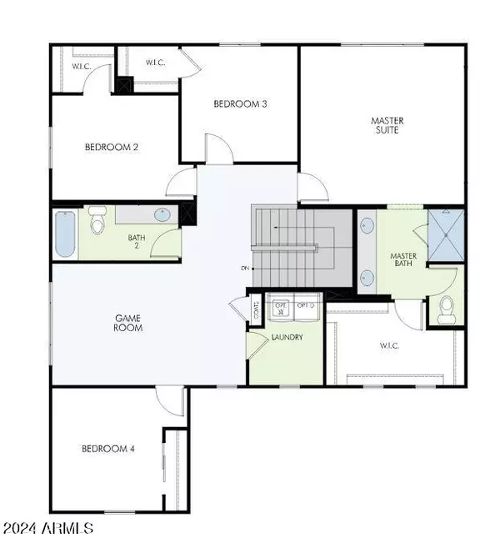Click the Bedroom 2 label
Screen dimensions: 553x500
tap(112, 148)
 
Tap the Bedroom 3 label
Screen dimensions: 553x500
tap(240, 103)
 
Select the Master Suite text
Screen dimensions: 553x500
tap(387, 125)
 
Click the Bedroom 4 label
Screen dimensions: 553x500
tap(108, 450)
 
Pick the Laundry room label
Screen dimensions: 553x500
tap(287, 337)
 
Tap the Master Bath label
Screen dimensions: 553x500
tap(404, 260)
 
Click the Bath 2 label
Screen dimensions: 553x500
tap(137, 242)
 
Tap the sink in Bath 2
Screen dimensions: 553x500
tap(163, 216)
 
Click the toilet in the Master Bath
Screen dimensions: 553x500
tap(445, 308)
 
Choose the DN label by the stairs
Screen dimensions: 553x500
tap(245, 268)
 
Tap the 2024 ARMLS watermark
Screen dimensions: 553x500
tap(48, 529)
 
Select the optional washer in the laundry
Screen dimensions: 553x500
tap(282, 309)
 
